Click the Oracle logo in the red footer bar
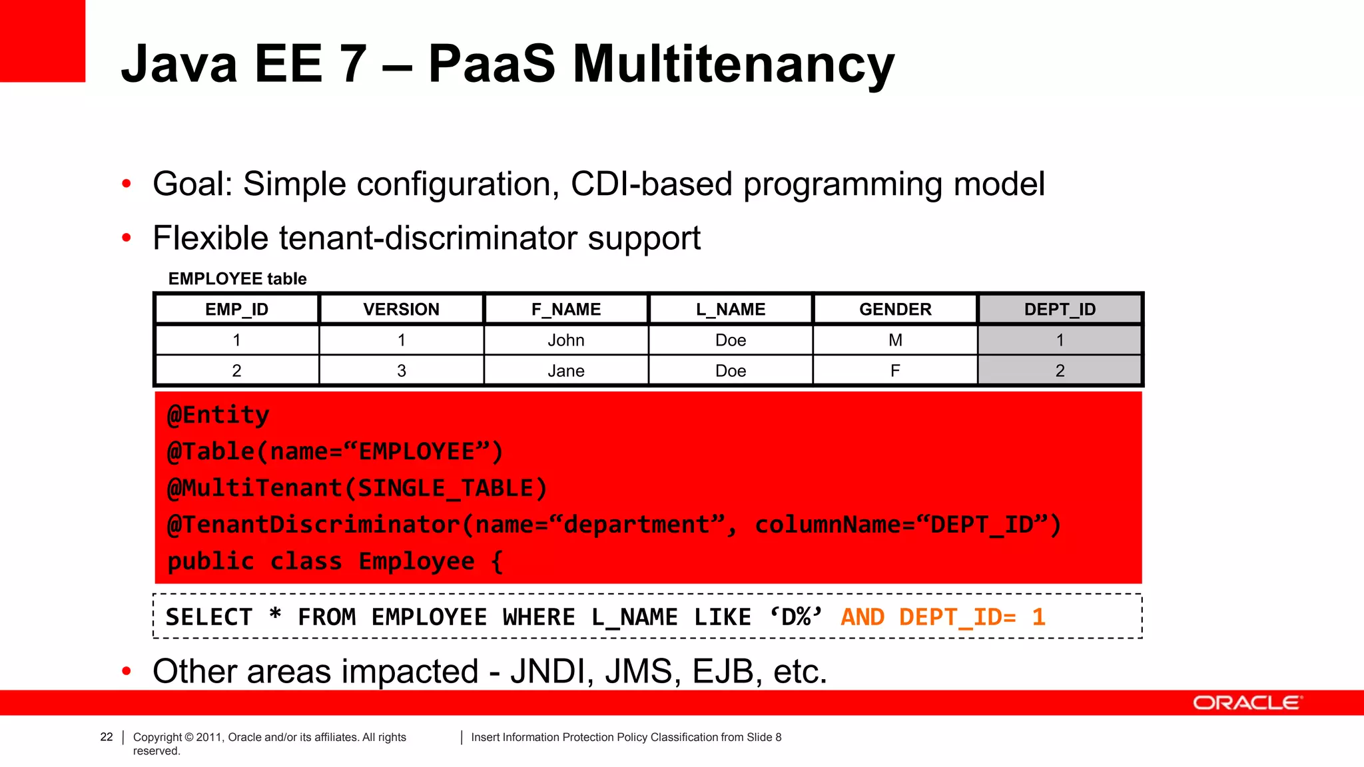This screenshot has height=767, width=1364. [x=1246, y=703]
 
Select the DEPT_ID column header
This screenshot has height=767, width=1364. [x=1060, y=310]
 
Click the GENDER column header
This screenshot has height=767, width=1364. [x=895, y=310]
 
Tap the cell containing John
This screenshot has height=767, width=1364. [x=566, y=340]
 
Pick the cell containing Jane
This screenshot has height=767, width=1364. [x=566, y=371]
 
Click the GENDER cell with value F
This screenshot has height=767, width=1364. [x=895, y=371]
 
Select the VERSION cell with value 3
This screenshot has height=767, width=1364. [x=402, y=371]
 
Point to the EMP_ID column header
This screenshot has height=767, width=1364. [x=236, y=310]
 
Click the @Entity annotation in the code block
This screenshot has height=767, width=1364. [x=218, y=415]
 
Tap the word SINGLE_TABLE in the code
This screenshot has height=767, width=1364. [x=446, y=488]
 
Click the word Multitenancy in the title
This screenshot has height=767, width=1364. [x=733, y=65]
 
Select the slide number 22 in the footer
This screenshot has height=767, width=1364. [x=107, y=737]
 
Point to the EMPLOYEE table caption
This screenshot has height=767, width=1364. [x=237, y=279]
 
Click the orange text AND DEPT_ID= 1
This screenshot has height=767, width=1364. [x=942, y=617]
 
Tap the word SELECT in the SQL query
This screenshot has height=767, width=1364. [x=209, y=617]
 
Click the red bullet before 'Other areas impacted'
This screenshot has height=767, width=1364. [x=127, y=671]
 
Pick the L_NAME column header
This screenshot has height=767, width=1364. [x=731, y=310]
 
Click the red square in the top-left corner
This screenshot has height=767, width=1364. [x=43, y=41]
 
